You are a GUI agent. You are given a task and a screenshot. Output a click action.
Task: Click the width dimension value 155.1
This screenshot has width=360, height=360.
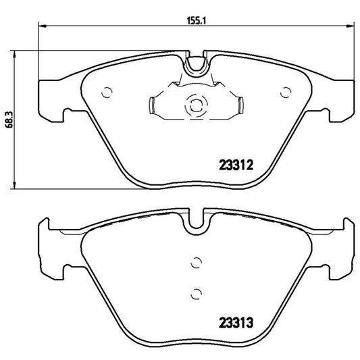tap(196, 21)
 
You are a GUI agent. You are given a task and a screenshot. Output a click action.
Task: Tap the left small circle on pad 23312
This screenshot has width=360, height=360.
tap(104, 92)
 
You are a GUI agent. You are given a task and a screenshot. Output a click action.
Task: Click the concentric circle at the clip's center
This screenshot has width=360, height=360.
tap(195, 104)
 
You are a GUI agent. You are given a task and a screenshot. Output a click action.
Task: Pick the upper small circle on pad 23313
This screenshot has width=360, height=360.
tap(195, 263)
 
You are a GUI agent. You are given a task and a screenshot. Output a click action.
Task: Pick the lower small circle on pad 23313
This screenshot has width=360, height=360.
tap(195, 292)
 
